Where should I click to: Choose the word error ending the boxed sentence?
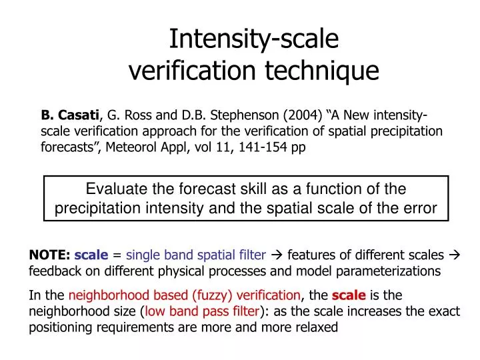tap(422, 208)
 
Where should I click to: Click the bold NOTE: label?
tap(50, 255)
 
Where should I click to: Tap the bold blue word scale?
tap(91, 255)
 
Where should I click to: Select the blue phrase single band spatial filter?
tap(196, 255)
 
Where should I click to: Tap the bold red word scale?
tap(349, 295)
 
